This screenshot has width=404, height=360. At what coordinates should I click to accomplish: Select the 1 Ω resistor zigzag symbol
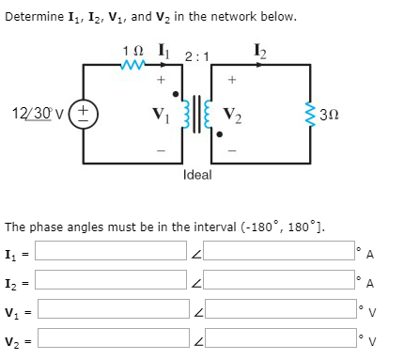pos(133,65)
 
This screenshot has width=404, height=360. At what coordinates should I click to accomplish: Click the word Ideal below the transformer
pos(197,175)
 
